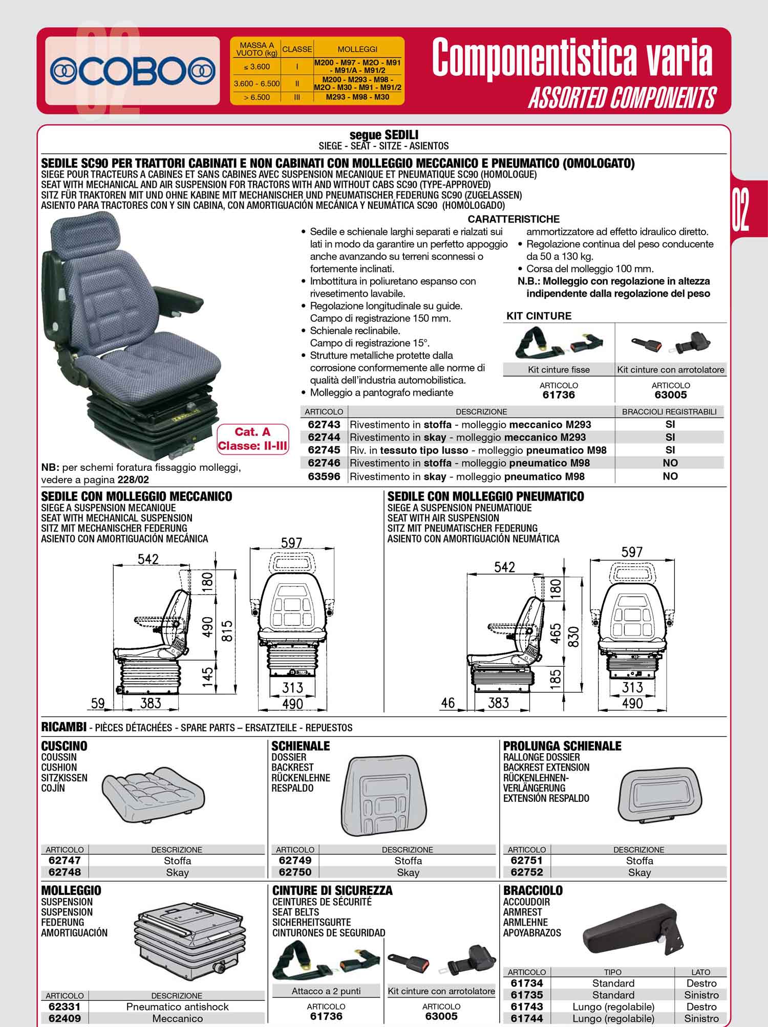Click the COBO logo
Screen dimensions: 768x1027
tap(133, 72)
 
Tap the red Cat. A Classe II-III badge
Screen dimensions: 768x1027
tap(252, 439)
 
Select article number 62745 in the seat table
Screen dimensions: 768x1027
tap(324, 450)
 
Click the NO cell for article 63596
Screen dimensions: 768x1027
tap(670, 476)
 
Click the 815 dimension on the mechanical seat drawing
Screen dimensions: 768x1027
tap(227, 631)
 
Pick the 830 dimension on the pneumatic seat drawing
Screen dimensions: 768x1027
tap(573, 637)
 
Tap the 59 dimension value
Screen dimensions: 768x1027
tap(98, 703)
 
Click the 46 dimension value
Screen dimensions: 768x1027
tap(447, 703)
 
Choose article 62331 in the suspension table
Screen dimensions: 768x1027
tap(65, 1007)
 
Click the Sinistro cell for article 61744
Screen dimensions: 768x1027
tap(701, 1018)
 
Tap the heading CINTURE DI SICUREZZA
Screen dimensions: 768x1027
tap(332, 890)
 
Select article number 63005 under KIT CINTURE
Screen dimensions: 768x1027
tap(671, 395)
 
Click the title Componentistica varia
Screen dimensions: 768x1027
tap(571, 58)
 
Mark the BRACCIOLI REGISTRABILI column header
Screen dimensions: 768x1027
tap(670, 411)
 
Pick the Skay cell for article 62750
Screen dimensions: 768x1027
tap(408, 872)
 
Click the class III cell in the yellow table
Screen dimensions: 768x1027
tap(297, 97)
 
